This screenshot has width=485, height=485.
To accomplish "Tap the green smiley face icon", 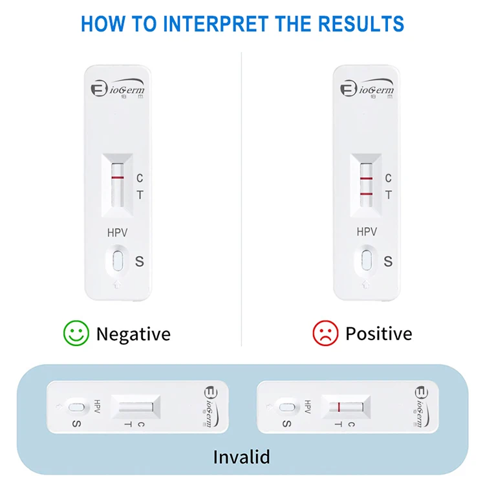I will tap(76, 333).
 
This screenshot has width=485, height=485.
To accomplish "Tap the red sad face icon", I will tap(325, 333).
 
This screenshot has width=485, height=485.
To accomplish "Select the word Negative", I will tap(133, 334).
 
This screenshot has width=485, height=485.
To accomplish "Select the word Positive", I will tap(378, 334).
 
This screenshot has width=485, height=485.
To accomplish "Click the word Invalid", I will tap(242, 457).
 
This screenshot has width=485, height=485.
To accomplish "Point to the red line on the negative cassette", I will tap(117, 177).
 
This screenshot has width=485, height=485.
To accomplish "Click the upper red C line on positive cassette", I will tap(366, 178).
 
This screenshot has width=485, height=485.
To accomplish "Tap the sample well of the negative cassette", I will tap(117, 261).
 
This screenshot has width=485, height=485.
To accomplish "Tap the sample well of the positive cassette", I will tap(367, 261).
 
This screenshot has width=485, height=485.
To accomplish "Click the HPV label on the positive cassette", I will tap(367, 232).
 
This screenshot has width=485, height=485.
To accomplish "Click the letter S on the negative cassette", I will tap(139, 261).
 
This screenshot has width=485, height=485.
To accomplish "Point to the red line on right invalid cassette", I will tap(338, 407).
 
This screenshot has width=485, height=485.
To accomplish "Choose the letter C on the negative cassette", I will tap(140, 178).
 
